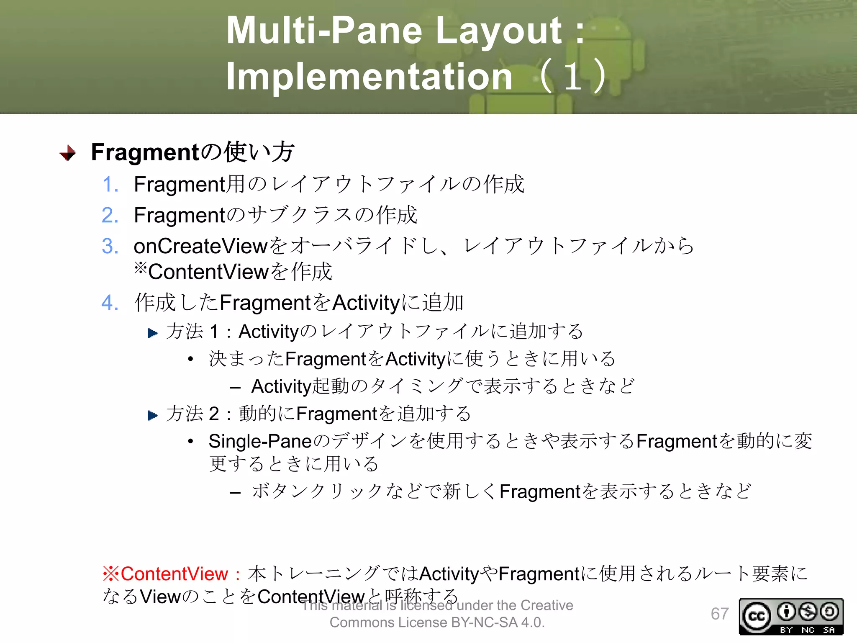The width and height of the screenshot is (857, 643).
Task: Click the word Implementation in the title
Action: tap(369, 76)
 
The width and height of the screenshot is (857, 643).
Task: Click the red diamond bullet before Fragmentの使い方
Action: tap(68, 153)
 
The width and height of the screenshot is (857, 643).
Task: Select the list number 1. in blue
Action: tap(110, 185)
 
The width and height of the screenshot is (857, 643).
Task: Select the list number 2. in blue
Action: tap(110, 216)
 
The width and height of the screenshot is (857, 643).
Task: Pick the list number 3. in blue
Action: tap(110, 246)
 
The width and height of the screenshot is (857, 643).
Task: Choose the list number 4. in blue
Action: tap(110, 303)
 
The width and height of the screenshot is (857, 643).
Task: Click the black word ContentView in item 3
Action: tap(208, 272)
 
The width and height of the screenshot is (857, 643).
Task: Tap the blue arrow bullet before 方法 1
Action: tap(153, 333)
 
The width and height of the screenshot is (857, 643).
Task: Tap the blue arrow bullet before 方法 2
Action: tap(153, 415)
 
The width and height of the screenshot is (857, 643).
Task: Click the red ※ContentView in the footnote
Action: tap(166, 574)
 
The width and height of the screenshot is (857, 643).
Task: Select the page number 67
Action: tap(719, 614)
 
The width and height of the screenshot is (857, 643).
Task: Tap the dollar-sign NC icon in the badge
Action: tap(808, 612)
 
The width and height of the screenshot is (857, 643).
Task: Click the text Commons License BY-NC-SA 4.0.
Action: tap(437, 622)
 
